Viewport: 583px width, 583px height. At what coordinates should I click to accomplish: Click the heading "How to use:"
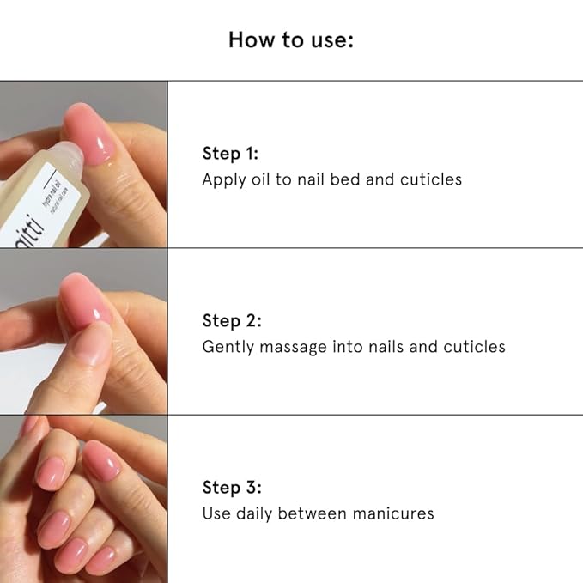[291, 39]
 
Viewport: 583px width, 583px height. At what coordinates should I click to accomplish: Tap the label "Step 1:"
[230, 154]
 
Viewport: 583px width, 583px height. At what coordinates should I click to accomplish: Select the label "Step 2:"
[232, 320]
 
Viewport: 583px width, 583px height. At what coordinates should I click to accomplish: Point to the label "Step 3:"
[232, 488]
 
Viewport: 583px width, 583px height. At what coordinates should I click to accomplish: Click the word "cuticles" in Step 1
[431, 179]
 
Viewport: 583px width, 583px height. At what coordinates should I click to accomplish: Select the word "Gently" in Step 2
[228, 347]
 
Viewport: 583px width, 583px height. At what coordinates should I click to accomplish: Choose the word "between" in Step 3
[313, 513]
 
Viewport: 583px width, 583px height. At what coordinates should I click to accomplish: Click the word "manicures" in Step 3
[393, 513]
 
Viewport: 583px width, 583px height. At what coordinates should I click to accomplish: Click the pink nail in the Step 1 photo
[89, 134]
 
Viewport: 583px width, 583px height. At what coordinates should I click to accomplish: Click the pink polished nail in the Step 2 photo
[86, 300]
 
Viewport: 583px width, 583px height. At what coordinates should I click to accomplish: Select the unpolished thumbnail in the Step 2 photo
[92, 344]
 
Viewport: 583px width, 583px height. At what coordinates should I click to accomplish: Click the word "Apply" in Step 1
[224, 180]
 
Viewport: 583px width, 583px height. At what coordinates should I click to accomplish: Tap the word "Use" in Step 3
[216, 513]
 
